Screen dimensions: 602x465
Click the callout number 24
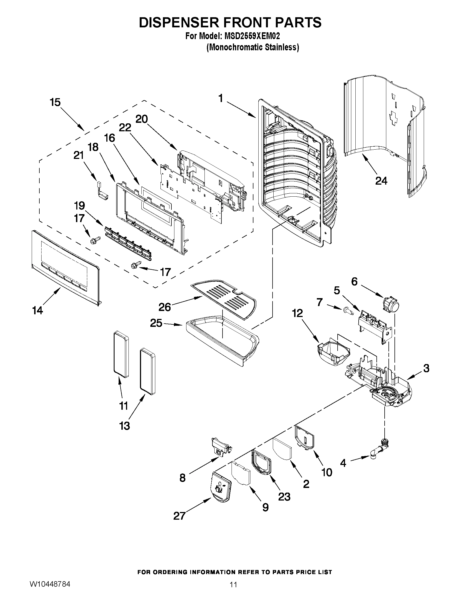click(x=381, y=181)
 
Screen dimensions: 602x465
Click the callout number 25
click(x=156, y=323)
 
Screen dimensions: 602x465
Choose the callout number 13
click(x=124, y=426)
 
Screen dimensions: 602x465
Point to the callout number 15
click(x=55, y=102)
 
